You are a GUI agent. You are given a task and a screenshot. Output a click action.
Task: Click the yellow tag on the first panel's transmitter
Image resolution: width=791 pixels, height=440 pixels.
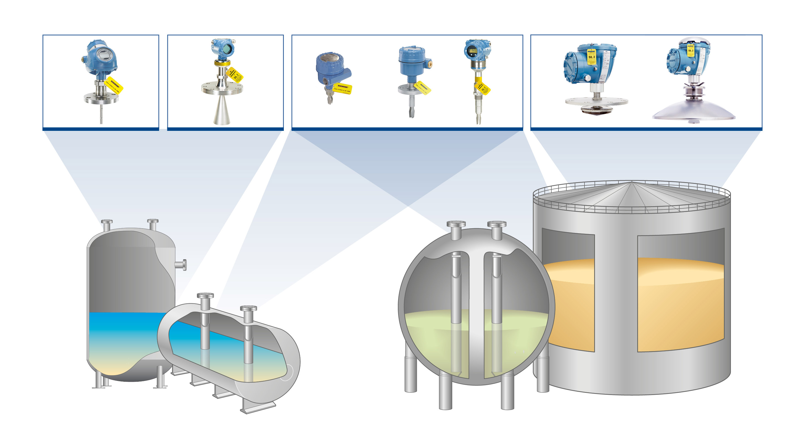114,86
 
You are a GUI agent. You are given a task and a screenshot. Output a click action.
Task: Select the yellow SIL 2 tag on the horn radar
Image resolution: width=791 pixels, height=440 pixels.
235,75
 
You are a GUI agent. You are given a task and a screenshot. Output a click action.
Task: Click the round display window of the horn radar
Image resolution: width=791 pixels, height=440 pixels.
227,49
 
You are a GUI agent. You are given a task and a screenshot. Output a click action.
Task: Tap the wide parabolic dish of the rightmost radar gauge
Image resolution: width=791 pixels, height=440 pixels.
693,112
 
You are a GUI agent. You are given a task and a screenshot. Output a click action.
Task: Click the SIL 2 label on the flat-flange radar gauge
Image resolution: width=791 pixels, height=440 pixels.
591,57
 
